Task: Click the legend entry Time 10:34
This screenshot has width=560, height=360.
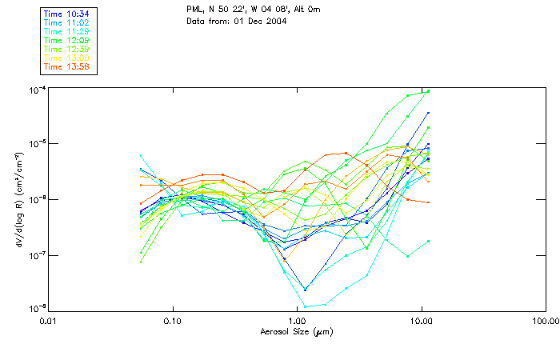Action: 68,14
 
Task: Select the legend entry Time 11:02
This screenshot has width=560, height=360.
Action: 68,22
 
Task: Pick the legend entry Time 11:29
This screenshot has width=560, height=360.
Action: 68,31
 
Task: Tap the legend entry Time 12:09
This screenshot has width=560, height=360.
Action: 68,40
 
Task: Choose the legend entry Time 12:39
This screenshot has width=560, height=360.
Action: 68,49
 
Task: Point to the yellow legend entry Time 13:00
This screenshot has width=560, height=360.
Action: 68,58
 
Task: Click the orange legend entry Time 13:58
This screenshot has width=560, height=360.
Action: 68,66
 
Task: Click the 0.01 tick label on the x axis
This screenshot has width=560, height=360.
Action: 49,322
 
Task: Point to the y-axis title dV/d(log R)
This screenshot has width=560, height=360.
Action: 18,198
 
